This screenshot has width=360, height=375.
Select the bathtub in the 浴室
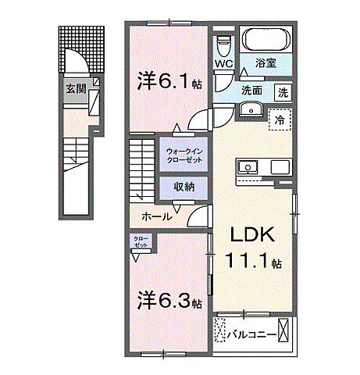point(264,40)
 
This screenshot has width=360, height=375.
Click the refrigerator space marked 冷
point(279,120)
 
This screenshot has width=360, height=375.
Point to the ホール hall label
point(157,216)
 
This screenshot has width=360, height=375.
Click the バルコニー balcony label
point(254,335)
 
